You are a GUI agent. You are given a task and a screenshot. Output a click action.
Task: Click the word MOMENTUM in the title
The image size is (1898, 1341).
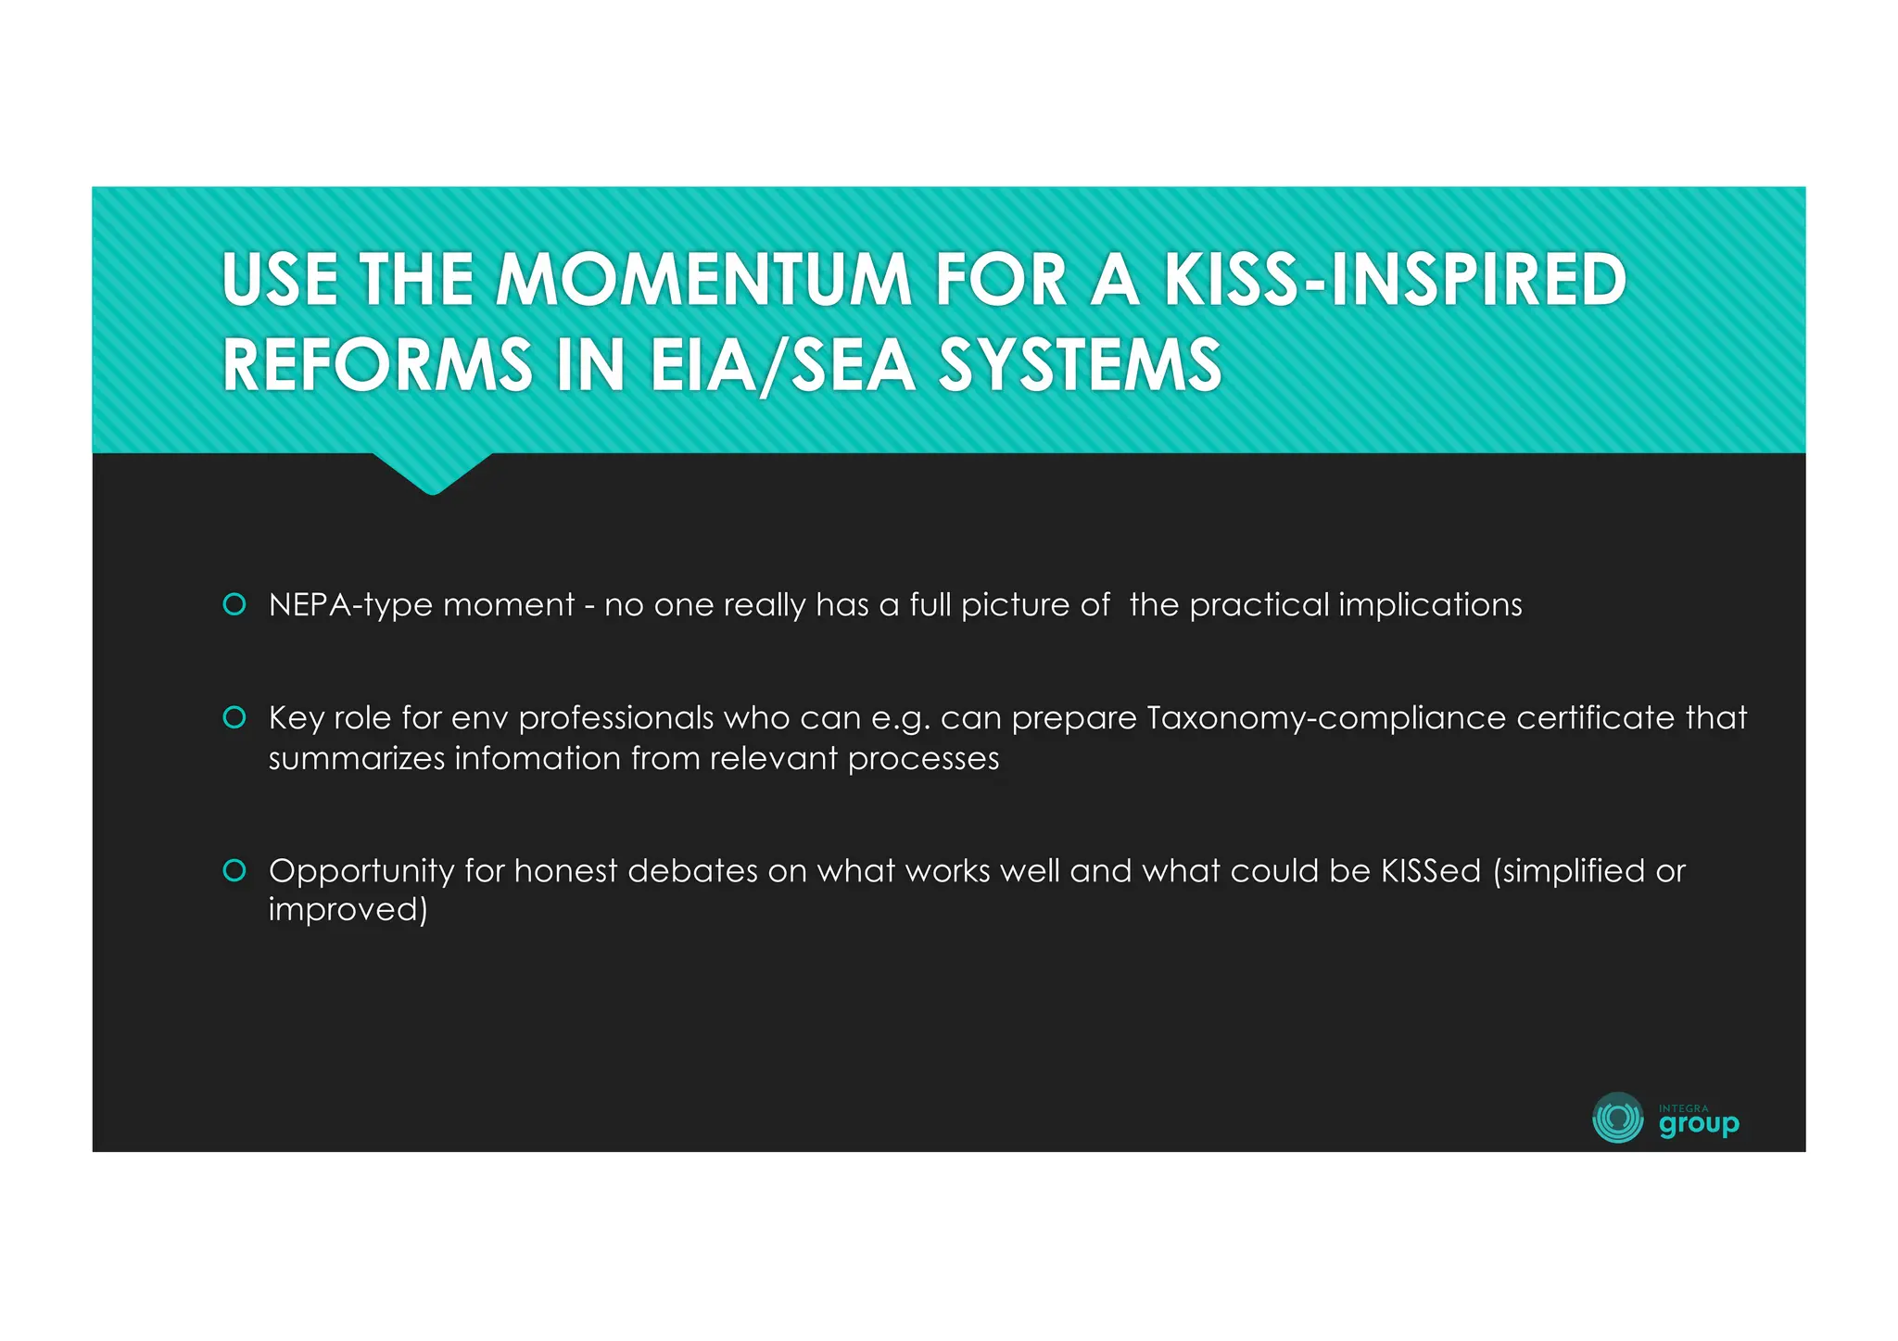pos(704,280)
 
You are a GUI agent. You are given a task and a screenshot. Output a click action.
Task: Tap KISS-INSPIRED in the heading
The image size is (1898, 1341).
pos(1395,280)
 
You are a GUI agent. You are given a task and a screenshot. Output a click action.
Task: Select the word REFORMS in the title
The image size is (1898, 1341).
pos(377,365)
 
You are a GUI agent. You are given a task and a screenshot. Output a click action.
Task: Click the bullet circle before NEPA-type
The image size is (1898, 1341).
pos(234,604)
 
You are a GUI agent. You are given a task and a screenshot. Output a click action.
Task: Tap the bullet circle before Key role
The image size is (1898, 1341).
pos(234,717)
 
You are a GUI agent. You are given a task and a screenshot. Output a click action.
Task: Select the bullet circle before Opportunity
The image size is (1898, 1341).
pos(234,870)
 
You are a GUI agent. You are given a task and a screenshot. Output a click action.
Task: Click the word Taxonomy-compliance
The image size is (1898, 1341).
pos(1325,718)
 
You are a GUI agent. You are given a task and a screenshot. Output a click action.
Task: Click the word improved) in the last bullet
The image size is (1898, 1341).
pos(348,910)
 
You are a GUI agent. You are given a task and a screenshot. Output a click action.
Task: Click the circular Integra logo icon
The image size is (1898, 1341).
pos(1617,1118)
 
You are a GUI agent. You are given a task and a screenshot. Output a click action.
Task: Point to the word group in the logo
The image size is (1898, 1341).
pos(1699,1125)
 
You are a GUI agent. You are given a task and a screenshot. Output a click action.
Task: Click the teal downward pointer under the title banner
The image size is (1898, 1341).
pos(432,474)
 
